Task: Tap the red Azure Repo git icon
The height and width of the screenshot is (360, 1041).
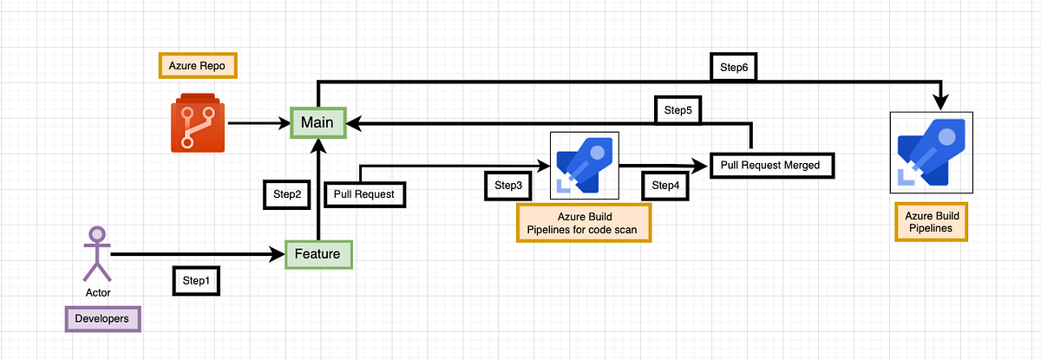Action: (197, 123)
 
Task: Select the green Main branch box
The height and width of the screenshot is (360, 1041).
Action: (318, 122)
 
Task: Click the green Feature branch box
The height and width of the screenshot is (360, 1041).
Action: (320, 254)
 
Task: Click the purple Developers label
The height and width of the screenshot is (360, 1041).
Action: (102, 319)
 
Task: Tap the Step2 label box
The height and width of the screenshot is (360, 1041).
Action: (286, 195)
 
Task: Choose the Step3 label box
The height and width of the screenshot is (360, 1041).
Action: (507, 185)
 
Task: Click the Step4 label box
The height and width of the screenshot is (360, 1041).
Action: (665, 185)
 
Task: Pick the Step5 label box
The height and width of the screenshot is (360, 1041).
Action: (678, 110)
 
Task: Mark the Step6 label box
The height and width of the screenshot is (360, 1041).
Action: (734, 67)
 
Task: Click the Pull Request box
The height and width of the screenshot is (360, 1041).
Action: (363, 194)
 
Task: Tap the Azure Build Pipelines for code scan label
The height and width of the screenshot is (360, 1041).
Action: (583, 222)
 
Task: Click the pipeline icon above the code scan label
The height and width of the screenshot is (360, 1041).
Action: (584, 163)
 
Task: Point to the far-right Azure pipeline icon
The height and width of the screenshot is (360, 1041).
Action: (932, 152)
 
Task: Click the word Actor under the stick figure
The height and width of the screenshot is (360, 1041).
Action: (98, 292)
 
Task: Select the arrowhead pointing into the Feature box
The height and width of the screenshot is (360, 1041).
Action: (278, 254)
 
